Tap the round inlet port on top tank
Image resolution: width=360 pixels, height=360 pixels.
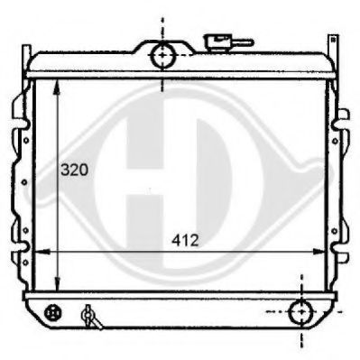click(x=162, y=56)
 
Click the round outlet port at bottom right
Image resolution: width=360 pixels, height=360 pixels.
click(x=300, y=313)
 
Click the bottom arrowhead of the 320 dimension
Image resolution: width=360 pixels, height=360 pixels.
click(x=58, y=288)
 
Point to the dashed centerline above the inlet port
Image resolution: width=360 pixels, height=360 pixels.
click(x=162, y=25)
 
